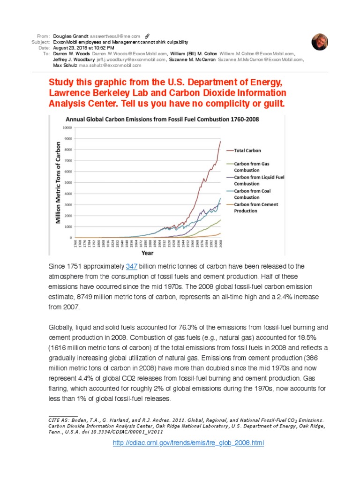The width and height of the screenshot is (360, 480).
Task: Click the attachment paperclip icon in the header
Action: pos(147,36)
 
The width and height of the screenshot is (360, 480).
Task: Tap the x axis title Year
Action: pos(148,253)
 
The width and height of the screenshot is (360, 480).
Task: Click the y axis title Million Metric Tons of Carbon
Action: pos(59,182)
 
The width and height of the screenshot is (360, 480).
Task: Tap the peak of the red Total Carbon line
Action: pos(220,142)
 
